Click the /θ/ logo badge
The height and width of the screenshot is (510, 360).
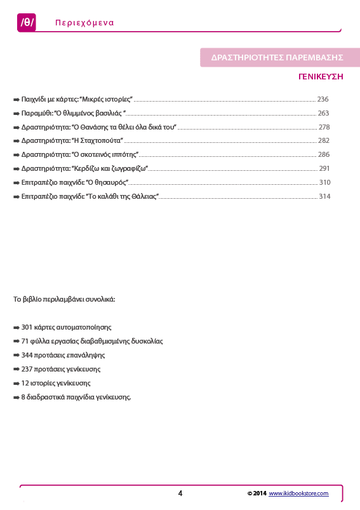click(x=27, y=23)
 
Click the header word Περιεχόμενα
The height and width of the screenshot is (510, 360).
click(x=84, y=23)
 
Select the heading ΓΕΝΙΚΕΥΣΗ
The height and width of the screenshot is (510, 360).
click(x=321, y=76)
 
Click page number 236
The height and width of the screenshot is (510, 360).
click(x=323, y=100)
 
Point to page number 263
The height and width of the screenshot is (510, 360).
click(x=323, y=113)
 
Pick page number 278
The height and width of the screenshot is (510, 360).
click(x=324, y=127)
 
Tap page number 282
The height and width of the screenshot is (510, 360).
click(x=324, y=141)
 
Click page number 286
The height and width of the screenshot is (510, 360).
click(x=324, y=155)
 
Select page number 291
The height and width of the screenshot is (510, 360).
click(x=324, y=169)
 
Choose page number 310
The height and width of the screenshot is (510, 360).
click(x=324, y=183)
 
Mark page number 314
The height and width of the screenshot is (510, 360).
click(x=324, y=197)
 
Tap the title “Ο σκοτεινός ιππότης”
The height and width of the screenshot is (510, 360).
click(x=105, y=155)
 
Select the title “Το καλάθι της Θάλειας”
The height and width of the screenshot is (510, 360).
click(x=122, y=197)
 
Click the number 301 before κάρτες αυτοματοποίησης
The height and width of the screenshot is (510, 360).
click(x=27, y=328)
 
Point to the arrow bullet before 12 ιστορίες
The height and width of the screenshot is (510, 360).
click(x=17, y=383)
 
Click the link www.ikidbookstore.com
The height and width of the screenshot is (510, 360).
click(x=298, y=493)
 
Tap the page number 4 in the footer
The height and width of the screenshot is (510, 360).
click(x=180, y=493)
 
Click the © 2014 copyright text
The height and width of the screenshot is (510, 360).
click(x=257, y=493)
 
